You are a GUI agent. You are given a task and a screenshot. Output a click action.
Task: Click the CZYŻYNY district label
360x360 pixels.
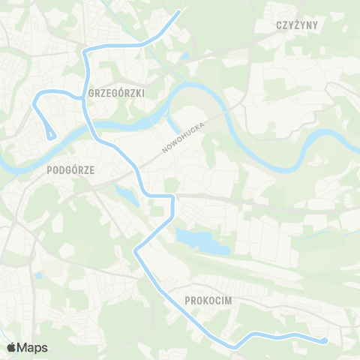click(298, 25)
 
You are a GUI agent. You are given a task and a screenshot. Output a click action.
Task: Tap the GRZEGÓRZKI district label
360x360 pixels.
click(116, 94)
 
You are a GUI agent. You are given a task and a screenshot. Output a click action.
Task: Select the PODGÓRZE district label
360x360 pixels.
click(70, 169)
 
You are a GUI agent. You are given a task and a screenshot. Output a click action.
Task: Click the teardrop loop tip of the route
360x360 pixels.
click(51, 136)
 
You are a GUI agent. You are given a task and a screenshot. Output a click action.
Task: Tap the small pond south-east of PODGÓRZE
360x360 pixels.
click(124, 194)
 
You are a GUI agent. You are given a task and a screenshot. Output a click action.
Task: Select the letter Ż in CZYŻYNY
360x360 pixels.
click(301, 25)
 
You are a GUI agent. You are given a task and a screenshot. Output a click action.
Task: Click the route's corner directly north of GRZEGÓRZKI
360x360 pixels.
click(84, 52)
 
